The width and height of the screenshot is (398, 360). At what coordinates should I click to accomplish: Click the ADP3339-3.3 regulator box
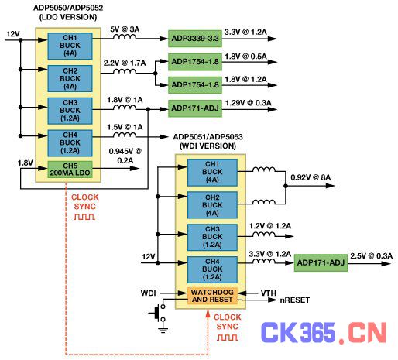(x=195, y=39)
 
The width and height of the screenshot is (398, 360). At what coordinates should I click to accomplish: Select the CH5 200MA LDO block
(x=70, y=170)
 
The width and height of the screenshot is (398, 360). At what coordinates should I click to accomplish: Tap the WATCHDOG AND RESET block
(x=212, y=296)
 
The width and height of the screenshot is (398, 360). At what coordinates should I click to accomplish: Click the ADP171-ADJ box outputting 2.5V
(x=321, y=263)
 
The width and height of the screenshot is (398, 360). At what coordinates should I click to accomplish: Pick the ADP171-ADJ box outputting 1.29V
(x=195, y=108)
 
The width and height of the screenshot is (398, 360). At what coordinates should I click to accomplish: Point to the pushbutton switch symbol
(x=158, y=313)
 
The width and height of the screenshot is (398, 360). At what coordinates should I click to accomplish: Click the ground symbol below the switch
(x=163, y=330)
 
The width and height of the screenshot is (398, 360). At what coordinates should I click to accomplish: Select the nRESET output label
(x=295, y=300)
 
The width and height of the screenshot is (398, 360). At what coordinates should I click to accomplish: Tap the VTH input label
(x=269, y=293)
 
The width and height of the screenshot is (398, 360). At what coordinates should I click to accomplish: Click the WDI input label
(x=148, y=293)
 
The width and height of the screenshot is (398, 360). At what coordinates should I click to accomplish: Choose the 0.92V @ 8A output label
(x=311, y=177)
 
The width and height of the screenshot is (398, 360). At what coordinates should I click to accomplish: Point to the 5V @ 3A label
(x=125, y=29)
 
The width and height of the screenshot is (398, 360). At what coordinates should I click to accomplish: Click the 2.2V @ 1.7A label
(x=125, y=63)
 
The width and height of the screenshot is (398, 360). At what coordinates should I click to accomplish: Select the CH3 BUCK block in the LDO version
(x=70, y=111)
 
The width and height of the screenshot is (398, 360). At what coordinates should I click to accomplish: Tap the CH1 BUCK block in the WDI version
(x=212, y=173)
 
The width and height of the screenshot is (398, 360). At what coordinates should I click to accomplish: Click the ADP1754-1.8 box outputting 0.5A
(x=195, y=62)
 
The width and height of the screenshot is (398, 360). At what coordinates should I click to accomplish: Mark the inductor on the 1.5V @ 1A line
(x=125, y=135)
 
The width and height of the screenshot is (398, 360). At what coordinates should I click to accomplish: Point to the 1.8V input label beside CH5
(x=26, y=163)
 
